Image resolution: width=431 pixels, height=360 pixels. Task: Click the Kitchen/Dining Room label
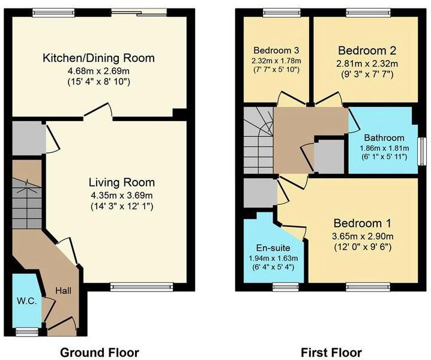(x=98, y=58)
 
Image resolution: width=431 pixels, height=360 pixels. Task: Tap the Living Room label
(x=122, y=182)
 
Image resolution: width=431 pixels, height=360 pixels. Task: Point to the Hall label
(x=64, y=290)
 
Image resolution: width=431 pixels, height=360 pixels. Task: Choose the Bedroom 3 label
(x=276, y=49)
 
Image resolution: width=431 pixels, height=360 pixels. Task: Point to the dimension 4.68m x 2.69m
(x=98, y=71)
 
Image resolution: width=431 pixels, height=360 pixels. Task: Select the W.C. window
(x=26, y=329)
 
